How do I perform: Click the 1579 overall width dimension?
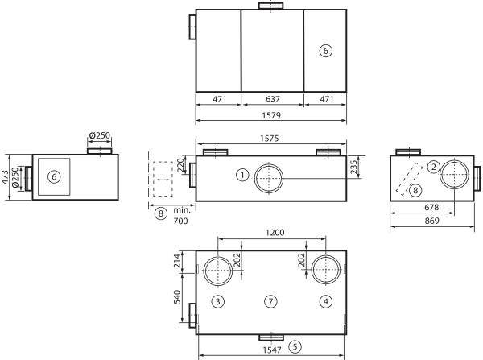(271, 115)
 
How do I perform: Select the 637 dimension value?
(273, 99)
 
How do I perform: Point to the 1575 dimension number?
(269, 139)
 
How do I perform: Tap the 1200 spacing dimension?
(275, 233)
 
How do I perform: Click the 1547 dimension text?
(272, 350)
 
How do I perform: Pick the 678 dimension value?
(431, 208)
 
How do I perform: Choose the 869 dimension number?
(431, 221)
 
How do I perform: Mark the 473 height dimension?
(6, 177)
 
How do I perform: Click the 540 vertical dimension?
(177, 297)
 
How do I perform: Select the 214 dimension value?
(177, 261)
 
